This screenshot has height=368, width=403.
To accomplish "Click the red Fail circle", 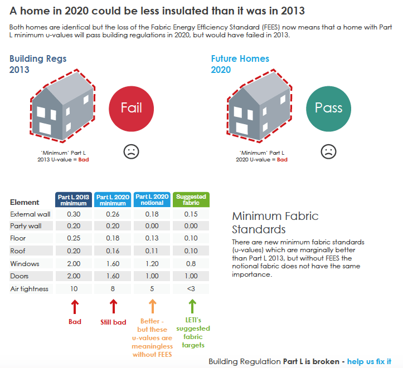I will coord(132,108).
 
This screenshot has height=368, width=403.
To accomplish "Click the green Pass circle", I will coord(329,108).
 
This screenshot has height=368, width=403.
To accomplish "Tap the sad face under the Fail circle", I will coord(131,151).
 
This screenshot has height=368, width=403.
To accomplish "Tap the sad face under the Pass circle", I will coord(328,151).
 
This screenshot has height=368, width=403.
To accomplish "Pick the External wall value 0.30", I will coord(74,214).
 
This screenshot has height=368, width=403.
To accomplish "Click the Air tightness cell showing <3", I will coord(191,289).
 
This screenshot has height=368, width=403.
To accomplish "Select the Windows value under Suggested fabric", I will coord(191,264).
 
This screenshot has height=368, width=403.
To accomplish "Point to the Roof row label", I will coord(18,251).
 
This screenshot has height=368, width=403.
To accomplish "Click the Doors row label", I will coord(20,276).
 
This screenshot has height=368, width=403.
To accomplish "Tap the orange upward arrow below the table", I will coord(153,306).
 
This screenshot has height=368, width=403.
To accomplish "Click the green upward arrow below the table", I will coord(192,306).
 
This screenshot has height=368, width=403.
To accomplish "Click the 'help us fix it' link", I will coord(369,362).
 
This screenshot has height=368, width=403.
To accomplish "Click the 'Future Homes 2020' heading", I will coord(240,64).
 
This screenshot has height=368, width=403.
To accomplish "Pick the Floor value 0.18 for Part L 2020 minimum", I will coord(113,239).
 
